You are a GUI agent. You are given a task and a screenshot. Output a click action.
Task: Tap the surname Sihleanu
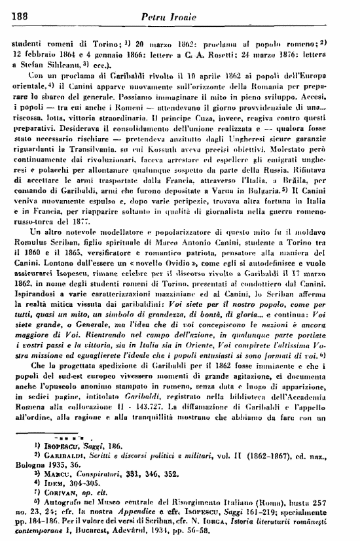pos(58,66)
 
